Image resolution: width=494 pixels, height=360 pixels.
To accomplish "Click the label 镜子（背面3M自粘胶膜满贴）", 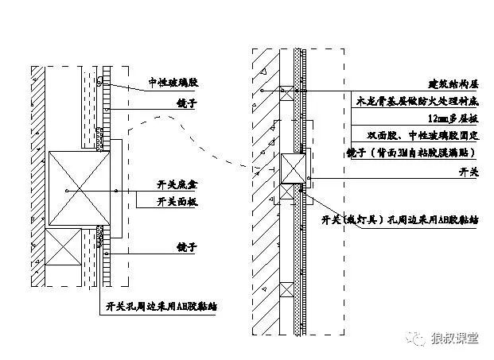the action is point(407,153).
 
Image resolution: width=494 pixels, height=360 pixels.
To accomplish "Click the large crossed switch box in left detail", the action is point(77,188).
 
